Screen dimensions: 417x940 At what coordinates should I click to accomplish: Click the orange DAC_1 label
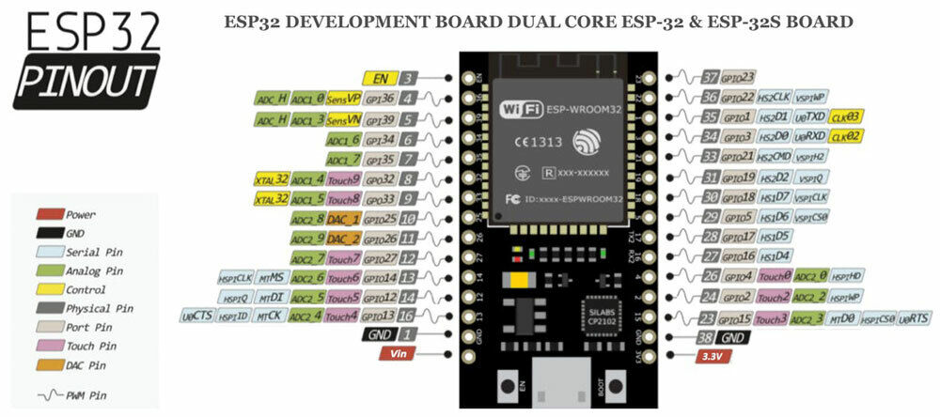coord(344,219)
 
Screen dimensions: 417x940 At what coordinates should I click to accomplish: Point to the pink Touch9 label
coord(343,178)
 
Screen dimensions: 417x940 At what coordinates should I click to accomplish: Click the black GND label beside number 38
coord(735,336)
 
